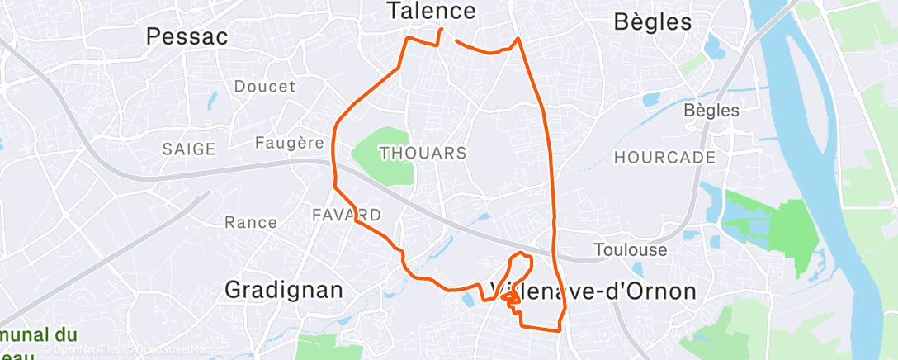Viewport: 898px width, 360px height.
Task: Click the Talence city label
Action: [432, 11]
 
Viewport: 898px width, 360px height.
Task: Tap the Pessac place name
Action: [187, 36]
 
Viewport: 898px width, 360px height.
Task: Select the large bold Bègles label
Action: [653, 22]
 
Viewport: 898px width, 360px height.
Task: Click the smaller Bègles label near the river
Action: [711, 110]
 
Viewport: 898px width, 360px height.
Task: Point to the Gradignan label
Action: [283, 291]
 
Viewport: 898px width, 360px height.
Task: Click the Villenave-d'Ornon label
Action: [593, 291]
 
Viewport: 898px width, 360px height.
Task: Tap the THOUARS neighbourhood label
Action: [423, 154]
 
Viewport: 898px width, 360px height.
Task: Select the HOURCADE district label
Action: [664, 157]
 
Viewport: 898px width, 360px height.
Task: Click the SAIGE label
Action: [189, 149]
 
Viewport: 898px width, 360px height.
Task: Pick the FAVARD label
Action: [347, 216]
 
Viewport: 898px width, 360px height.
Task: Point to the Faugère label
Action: [288, 143]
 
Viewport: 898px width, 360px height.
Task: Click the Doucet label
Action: [264, 87]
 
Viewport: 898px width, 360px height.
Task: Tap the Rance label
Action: [251, 222]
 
